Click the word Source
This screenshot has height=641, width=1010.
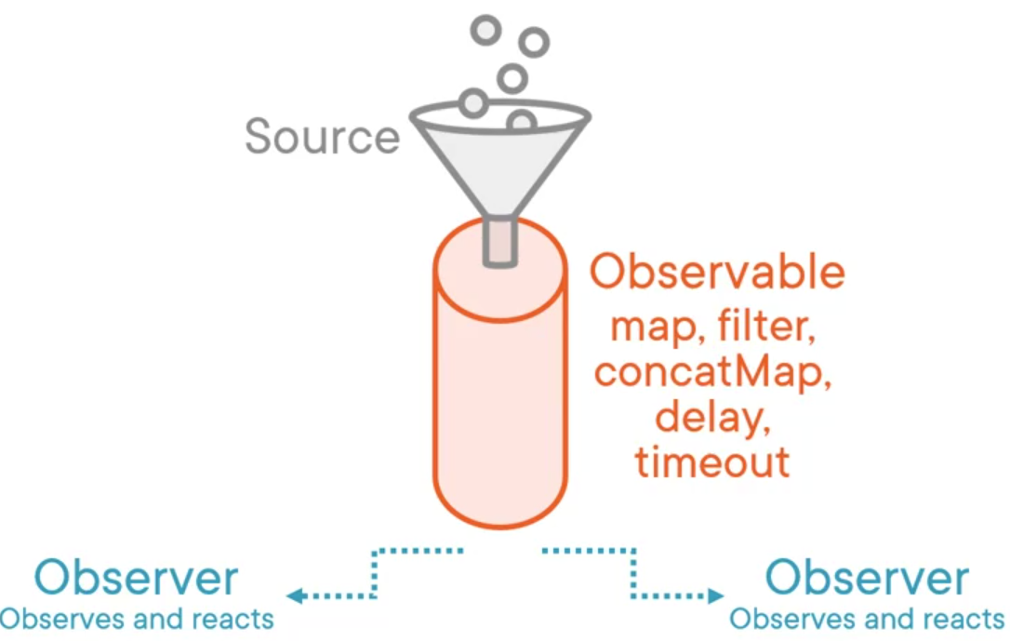point(322,136)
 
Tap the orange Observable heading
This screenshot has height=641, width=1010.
point(717,272)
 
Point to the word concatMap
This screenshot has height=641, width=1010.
point(712,372)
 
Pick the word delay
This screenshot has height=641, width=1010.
point(712,418)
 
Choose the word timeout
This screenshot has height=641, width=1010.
point(712,461)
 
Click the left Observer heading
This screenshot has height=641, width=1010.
point(136,578)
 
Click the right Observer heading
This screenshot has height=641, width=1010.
point(867,578)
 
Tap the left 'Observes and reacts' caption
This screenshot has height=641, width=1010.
point(137,619)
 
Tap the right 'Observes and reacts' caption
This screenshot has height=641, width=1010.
point(867,619)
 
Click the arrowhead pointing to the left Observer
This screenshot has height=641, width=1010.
point(295,596)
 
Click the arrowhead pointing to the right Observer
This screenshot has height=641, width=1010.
point(715,596)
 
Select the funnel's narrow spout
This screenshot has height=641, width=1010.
point(499,242)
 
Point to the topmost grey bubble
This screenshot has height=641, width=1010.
point(485,30)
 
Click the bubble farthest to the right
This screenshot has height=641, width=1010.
point(534,43)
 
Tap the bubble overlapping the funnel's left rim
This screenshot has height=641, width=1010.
point(473,103)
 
